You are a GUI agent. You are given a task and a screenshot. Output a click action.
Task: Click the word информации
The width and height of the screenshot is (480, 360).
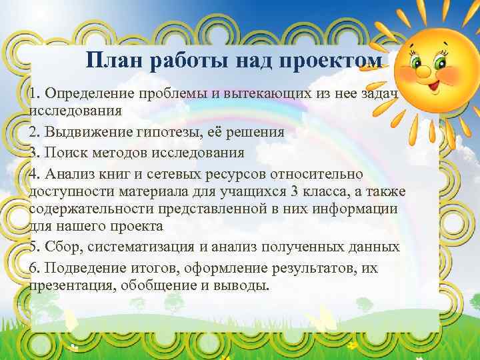coord(363,209)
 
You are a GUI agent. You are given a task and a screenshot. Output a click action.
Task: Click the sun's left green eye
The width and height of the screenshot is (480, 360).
coord(420,63)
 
